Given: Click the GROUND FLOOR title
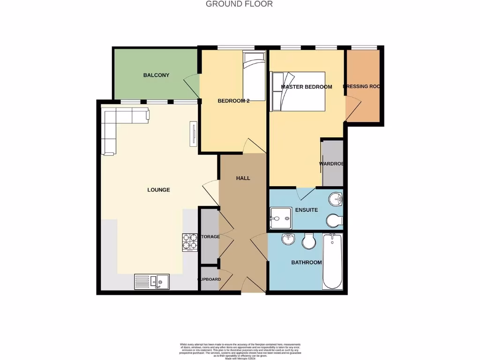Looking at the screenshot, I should point(239,4).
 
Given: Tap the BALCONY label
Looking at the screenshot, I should point(156,75).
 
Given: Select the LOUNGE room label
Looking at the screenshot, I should point(158,190).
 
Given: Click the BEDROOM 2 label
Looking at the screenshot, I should point(233,101).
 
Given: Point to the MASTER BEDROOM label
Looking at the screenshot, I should point(306,87).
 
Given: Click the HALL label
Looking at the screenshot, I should point(243,178).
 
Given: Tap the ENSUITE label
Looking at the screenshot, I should point(307,210).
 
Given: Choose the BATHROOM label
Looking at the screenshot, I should point(307,262).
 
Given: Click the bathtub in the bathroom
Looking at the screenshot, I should point(333,262).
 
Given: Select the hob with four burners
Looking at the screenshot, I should point(190,242).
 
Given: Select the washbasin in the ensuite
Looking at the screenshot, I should point(336,199).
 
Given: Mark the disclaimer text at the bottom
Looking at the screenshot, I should point(240,351).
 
